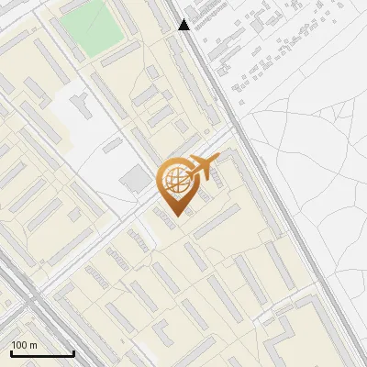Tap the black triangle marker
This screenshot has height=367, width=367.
184,25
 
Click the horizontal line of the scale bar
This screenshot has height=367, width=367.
42,353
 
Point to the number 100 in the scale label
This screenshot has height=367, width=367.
19,346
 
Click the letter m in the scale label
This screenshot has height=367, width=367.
33,346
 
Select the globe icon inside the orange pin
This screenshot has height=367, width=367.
173,181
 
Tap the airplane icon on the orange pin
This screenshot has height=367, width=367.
202,167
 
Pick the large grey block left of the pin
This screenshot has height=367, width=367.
137,181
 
